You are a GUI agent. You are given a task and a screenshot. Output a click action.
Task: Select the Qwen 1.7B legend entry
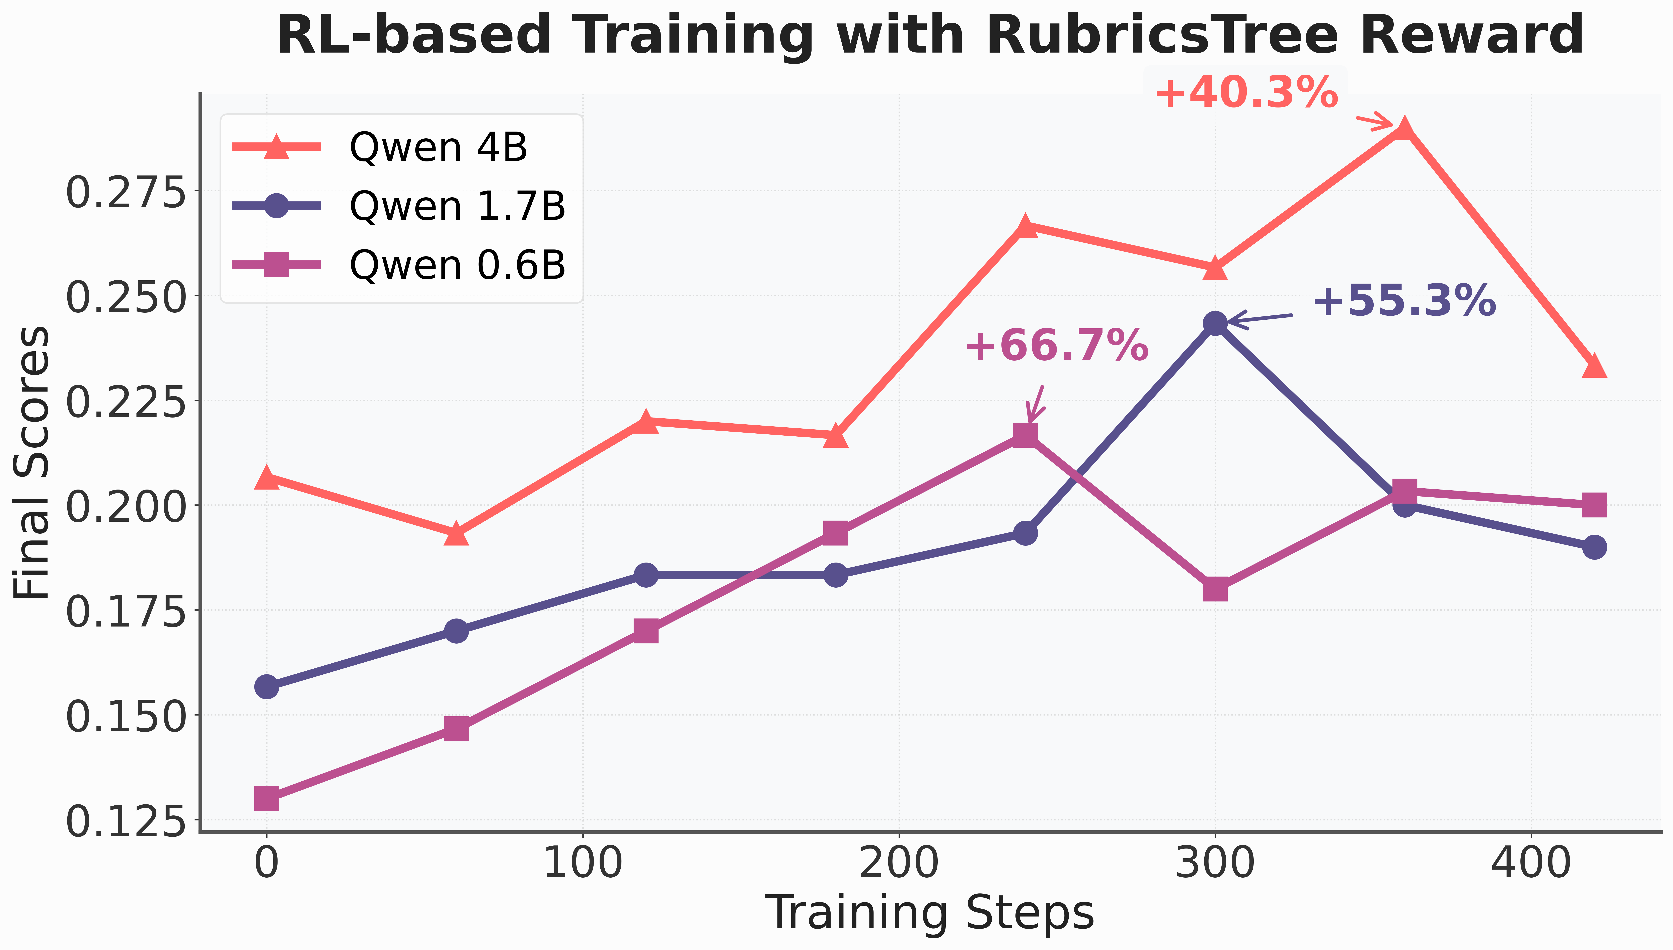click(399, 206)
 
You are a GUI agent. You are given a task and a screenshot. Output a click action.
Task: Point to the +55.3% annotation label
click(1404, 301)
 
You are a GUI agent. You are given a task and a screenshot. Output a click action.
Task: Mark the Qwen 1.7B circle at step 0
click(266, 686)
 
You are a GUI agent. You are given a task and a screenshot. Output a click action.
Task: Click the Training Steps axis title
click(930, 914)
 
